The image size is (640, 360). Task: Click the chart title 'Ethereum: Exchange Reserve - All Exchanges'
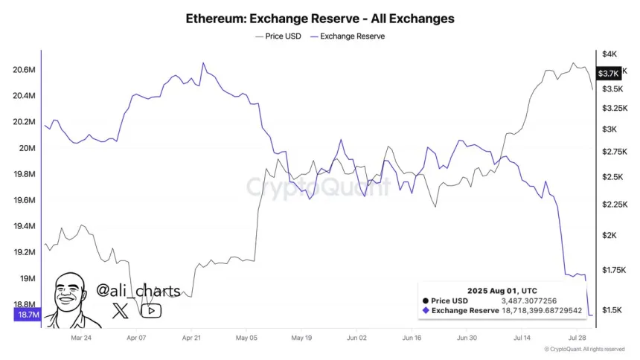pyautogui.click(x=320, y=17)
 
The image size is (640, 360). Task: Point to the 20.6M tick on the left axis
pyautogui.click(x=25, y=70)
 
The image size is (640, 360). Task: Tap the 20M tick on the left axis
pyautogui.click(x=28, y=148)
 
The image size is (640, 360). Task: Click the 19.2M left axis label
pyautogui.click(x=25, y=252)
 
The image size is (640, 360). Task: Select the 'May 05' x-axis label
pyautogui.click(x=246, y=337)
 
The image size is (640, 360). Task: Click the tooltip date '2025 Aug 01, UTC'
pyautogui.click(x=503, y=289)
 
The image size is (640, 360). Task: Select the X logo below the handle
pyautogui.click(x=120, y=311)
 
